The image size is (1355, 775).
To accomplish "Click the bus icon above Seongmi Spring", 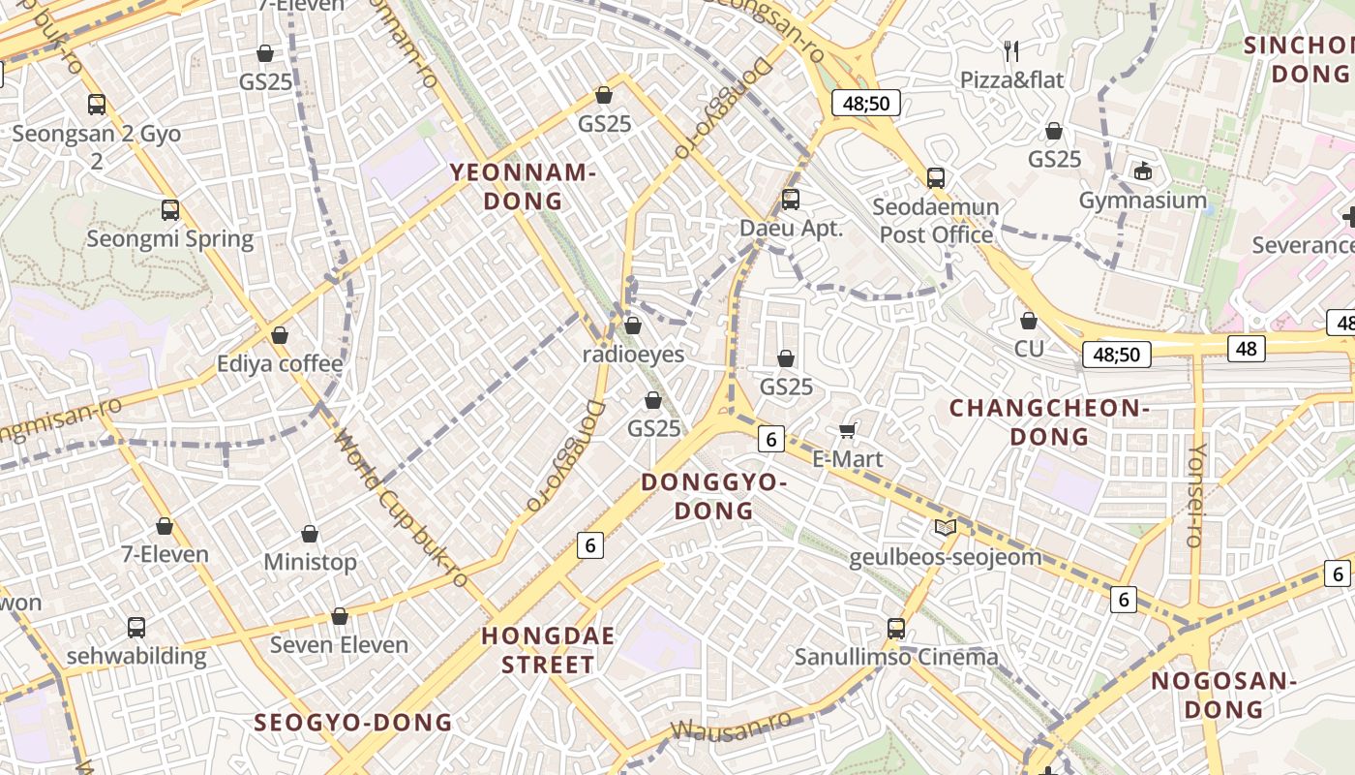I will [170, 209].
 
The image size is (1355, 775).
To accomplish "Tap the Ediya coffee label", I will [280, 364].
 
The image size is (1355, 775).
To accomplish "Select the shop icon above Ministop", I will [310, 534].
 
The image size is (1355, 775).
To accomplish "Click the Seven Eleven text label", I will [339, 644].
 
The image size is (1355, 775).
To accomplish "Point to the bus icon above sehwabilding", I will [136, 627].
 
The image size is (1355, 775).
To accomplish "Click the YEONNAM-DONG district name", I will [522, 187].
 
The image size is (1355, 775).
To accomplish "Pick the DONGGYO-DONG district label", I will [713, 496].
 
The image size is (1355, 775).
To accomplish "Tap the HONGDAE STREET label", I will [549, 650].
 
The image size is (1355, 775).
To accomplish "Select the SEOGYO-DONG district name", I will [353, 722].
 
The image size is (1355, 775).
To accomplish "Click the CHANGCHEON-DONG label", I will [1049, 422].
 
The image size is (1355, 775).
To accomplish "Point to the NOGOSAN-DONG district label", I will [1223, 695].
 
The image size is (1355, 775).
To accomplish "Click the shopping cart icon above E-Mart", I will [848, 430].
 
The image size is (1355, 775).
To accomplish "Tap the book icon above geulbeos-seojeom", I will [946, 528].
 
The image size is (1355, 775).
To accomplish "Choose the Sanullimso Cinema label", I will [896, 657].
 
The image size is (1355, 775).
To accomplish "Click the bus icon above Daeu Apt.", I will [791, 200].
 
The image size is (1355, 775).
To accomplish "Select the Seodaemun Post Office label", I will [936, 221].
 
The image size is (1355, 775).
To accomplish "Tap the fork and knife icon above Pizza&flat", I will [1011, 50].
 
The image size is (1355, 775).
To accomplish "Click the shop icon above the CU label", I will [1029, 320].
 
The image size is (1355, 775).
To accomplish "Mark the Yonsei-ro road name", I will [1197, 495].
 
